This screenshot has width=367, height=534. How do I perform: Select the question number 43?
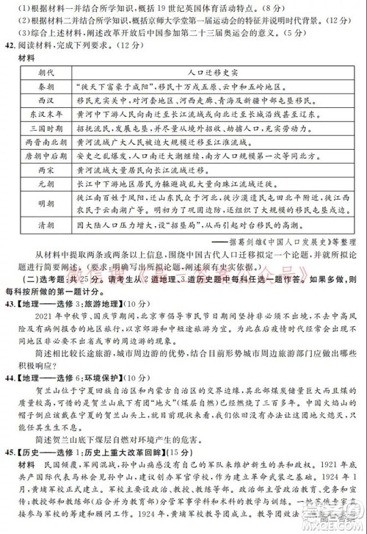coord(11,302)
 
